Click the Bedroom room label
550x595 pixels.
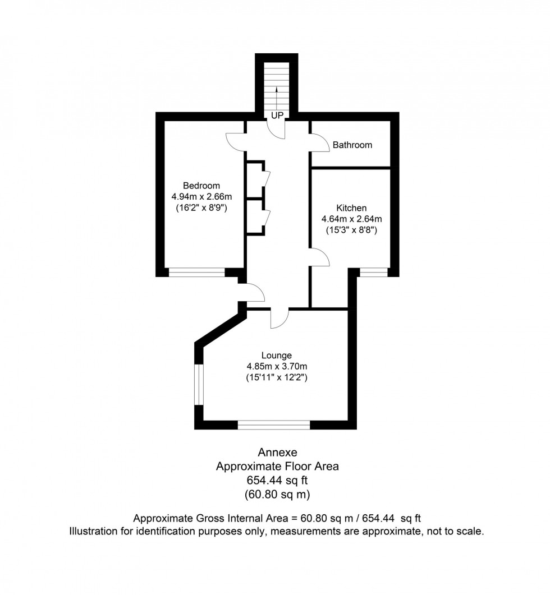click(x=201, y=186)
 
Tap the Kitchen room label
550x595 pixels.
click(x=351, y=208)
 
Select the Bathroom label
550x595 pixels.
click(x=352, y=145)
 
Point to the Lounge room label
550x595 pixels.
click(x=276, y=355)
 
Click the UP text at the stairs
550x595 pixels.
click(x=277, y=116)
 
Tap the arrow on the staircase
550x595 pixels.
click(x=277, y=95)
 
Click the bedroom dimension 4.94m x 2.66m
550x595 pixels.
click(x=201, y=197)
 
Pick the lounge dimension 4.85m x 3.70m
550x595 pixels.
click(x=277, y=367)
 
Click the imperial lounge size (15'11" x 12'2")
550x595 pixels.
click(x=277, y=378)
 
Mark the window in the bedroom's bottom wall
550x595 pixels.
click(x=197, y=273)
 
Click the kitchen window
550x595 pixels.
click(x=374, y=273)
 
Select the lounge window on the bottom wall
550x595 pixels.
click(x=274, y=425)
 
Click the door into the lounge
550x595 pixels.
click(x=279, y=319)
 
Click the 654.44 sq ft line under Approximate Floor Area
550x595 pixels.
click(x=277, y=480)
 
